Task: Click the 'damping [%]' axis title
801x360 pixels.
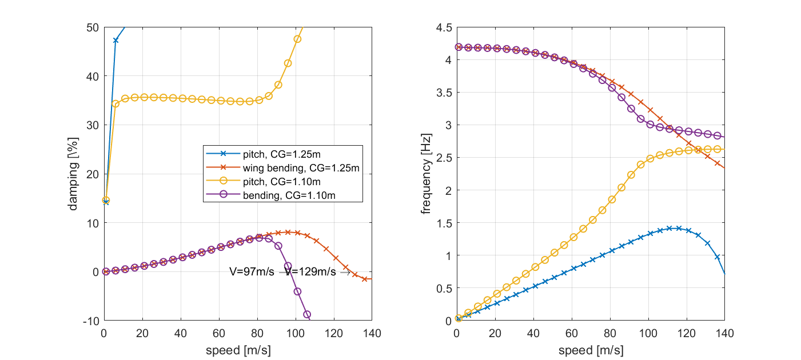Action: (x=74, y=174)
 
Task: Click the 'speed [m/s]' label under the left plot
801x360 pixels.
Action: (x=238, y=350)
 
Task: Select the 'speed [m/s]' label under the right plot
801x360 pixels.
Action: (x=591, y=350)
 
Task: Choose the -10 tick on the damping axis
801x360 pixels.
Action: (x=91, y=321)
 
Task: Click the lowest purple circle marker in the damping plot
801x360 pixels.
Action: (x=307, y=314)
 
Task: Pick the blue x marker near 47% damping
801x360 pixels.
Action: (x=115, y=41)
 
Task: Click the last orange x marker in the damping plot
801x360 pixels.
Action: (x=364, y=279)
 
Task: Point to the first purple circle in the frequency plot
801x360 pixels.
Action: (x=459, y=47)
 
